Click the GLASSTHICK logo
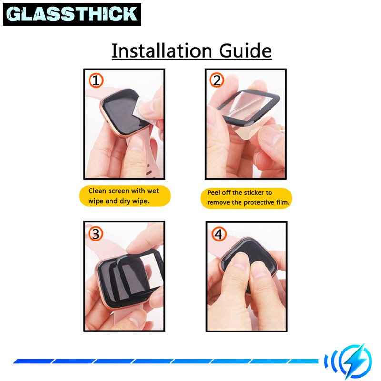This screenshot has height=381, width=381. [x=72, y=14]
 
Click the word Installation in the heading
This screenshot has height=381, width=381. [x=162, y=51]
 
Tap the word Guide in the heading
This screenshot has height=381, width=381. [x=245, y=51]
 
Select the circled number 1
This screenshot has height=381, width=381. [x=96, y=80]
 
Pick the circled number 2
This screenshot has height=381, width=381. [x=217, y=80]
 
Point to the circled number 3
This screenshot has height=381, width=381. [x=96, y=234]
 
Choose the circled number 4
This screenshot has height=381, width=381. [x=219, y=234]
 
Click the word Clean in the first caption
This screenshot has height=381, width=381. [x=97, y=191]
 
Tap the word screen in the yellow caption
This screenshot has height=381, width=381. [x=119, y=191]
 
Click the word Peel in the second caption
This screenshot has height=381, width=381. [x=213, y=193]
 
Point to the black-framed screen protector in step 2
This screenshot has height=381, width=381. [x=248, y=107]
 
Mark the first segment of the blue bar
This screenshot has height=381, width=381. [x=34, y=361]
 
